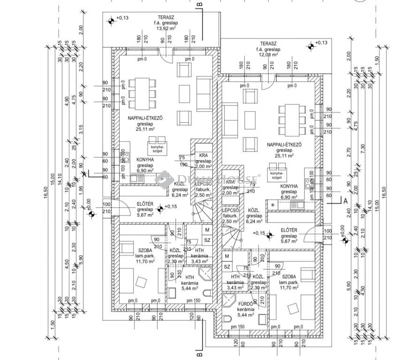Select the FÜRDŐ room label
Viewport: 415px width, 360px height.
click(x=246, y=303)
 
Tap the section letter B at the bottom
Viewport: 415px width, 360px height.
click(x=199, y=354)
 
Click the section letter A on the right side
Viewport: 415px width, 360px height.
click(x=346, y=200)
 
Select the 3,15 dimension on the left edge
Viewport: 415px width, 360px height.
click(x=81, y=129)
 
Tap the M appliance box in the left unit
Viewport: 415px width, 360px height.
click(x=207, y=230)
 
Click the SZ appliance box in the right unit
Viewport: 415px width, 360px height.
click(x=227, y=267)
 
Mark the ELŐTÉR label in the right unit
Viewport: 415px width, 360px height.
click(x=289, y=230)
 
